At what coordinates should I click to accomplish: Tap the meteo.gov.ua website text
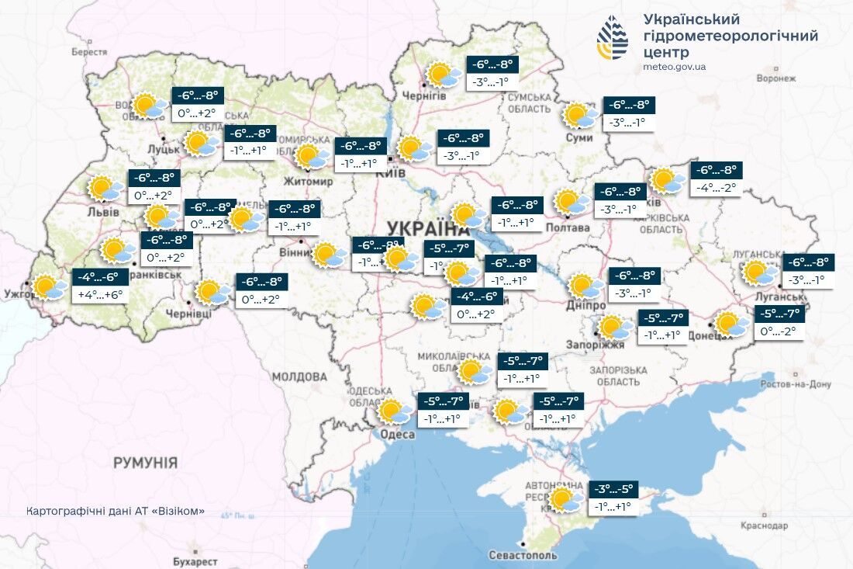[674, 67]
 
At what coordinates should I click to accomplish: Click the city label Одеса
[397, 435]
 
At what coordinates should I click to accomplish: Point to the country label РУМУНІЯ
[145, 463]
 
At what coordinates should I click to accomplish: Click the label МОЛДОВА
[299, 376]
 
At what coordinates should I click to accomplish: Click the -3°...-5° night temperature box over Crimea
[614, 490]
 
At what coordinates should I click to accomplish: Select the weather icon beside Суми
[579, 116]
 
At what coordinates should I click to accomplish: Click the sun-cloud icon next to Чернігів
[444, 75]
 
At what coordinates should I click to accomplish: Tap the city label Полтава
[567, 227]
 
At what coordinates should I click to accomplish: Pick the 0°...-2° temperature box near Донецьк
[779, 331]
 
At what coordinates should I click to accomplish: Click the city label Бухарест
[195, 560]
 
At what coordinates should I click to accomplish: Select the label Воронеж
[776, 78]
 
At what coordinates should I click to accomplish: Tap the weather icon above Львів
[106, 189]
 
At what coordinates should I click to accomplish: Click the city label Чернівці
[188, 314]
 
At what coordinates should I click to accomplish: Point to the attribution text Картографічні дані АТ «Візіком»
[116, 511]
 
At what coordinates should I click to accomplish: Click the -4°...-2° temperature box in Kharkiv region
[717, 187]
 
